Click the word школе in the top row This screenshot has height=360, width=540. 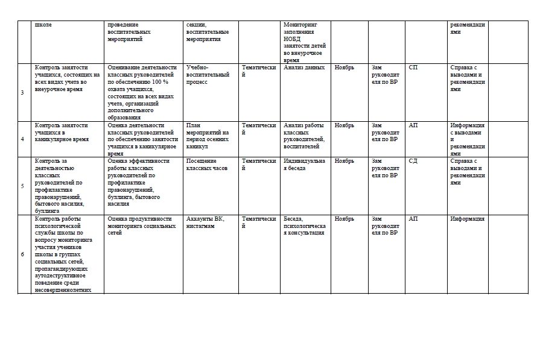[43, 25]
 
